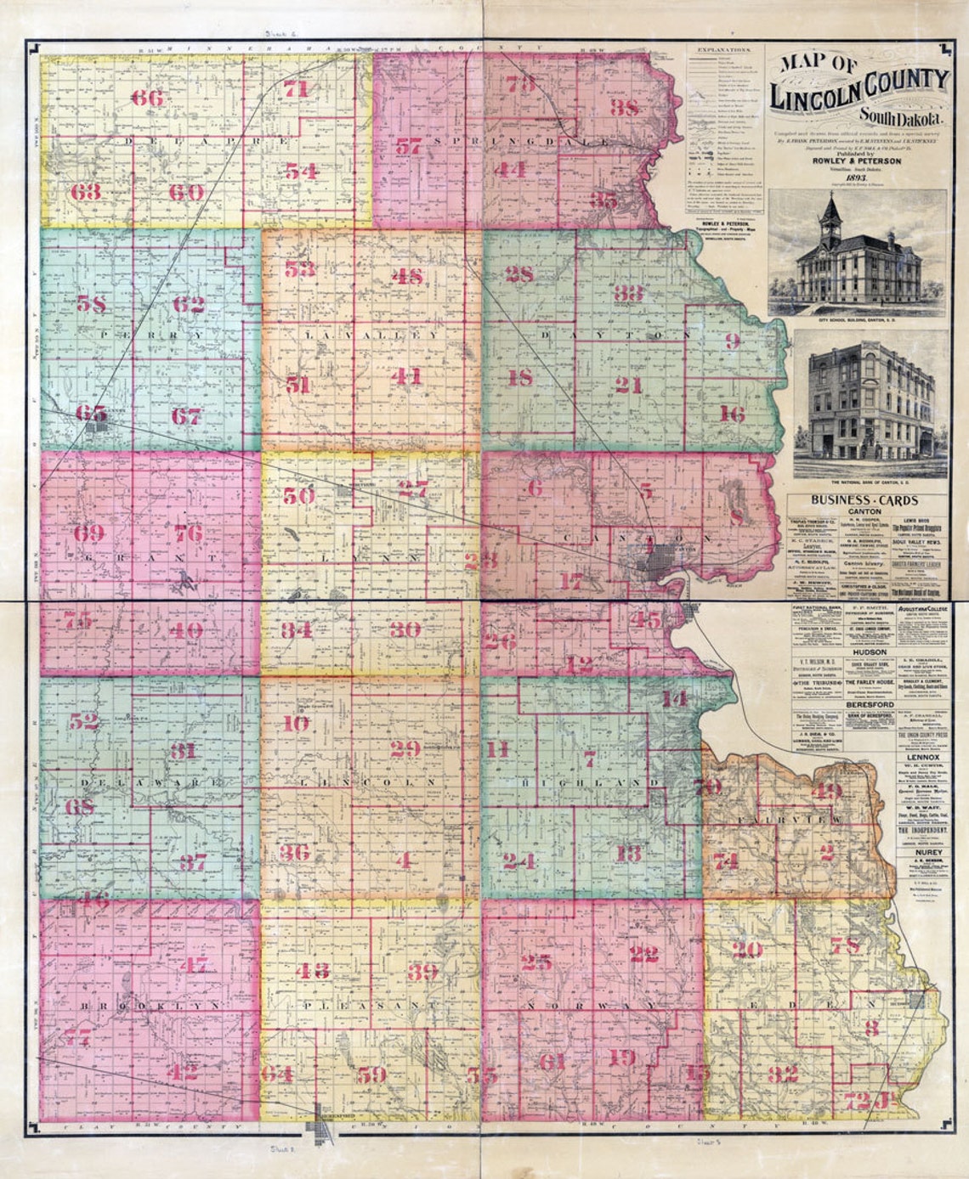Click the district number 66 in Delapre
click(146, 97)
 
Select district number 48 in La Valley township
click(406, 275)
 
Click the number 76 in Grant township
click(188, 533)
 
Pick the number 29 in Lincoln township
click(405, 747)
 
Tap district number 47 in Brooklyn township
click(194, 965)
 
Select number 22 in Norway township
click(645, 953)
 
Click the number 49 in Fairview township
click(826, 792)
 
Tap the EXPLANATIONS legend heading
click(722, 51)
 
